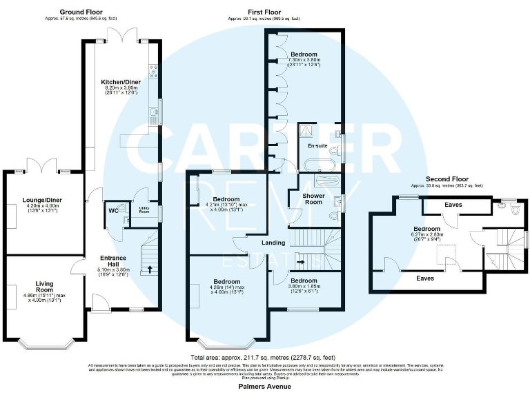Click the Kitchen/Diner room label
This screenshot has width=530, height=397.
click(x=121, y=82)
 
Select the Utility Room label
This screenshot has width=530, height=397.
click(x=144, y=209)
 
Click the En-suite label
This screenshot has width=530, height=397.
click(x=318, y=146)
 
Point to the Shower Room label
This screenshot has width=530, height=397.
click(x=314, y=198)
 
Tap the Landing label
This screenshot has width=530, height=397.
click(x=274, y=243)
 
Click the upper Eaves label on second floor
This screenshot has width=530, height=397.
click(x=453, y=205)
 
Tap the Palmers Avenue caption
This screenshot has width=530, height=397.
click(x=265, y=387)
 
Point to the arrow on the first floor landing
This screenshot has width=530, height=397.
click(x=301, y=262)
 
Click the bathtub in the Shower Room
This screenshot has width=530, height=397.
click(x=324, y=181)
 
